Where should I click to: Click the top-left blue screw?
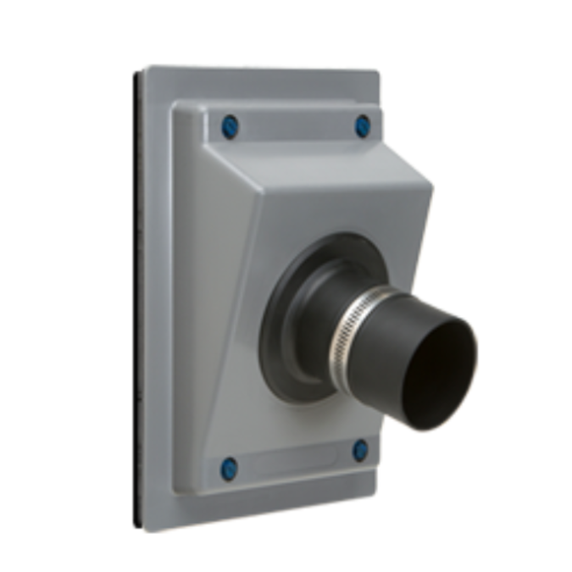tap(230, 127)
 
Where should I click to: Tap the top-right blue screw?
tap(363, 125)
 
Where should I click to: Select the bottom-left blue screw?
tap(229, 468)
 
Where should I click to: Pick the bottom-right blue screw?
tap(360, 450)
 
